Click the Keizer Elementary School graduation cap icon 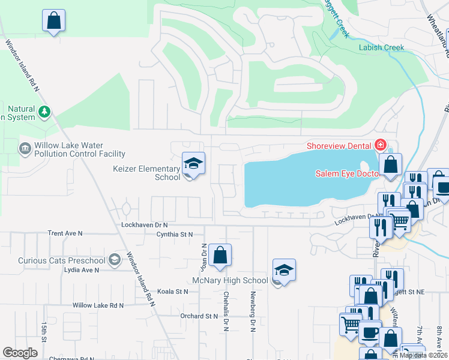193,163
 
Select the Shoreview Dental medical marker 379,145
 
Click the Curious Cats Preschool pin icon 115,260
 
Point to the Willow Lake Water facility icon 25,148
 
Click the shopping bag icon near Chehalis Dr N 220,254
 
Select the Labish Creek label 381,47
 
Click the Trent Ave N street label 65,233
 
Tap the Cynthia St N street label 174,234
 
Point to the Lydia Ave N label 81,270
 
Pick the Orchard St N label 199,316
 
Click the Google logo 20,353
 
